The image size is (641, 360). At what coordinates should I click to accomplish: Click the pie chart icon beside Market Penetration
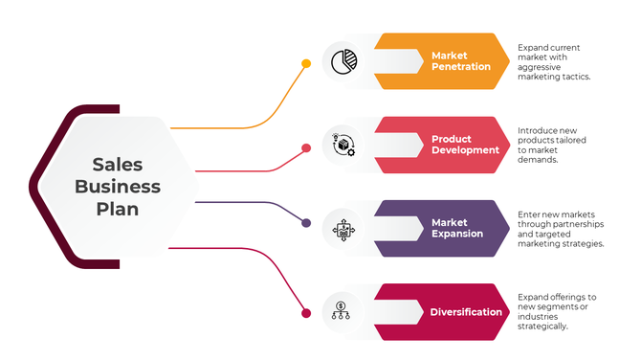pos(343,62)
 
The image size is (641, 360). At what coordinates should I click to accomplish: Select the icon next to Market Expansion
pos(343,229)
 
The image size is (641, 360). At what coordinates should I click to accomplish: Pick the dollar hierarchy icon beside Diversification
pos(343,311)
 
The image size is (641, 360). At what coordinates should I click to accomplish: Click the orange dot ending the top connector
pos(306,64)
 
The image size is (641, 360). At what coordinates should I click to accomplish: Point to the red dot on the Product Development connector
pos(306,148)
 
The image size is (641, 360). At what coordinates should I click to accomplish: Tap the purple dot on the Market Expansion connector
pos(306,223)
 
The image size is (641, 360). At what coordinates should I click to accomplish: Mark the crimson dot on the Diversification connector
pos(306,312)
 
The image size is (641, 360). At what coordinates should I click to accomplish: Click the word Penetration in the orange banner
pos(461,68)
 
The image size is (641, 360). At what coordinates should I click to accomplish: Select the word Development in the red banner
pos(465,150)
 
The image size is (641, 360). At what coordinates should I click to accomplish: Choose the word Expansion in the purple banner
pos(456,234)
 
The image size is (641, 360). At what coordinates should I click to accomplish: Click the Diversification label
pos(466,312)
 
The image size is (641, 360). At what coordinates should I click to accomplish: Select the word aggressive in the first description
pos(540,67)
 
